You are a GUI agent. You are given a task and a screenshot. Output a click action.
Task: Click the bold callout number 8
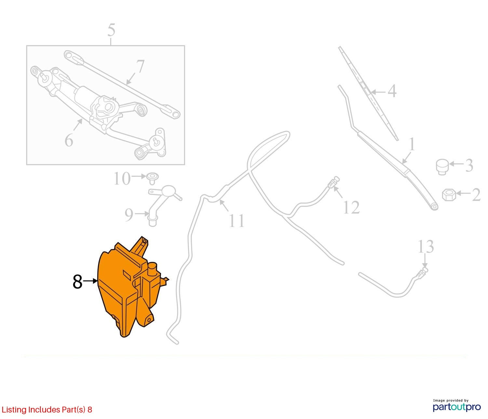point(77,281)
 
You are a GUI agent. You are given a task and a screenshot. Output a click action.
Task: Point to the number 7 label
point(140,66)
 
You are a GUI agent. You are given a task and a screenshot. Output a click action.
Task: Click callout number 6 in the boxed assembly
point(69,140)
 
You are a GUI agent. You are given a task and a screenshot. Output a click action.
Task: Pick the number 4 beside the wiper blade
point(392,91)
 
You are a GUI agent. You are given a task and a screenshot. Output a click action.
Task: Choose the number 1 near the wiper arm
point(412,144)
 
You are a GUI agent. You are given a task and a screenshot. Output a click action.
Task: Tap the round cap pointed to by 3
point(442,167)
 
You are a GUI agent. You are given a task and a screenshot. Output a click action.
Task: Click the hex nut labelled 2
point(449,195)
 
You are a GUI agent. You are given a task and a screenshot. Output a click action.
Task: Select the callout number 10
point(122,179)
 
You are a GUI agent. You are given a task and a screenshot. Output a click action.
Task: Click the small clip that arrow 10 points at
point(152,179)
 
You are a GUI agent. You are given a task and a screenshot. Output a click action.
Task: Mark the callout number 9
point(129,215)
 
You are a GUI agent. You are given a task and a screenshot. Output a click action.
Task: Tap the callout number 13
point(426,247)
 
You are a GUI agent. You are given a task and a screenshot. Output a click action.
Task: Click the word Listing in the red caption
point(14,410)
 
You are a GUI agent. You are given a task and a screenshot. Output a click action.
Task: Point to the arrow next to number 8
point(90,281)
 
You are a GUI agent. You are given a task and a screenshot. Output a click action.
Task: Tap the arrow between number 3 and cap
point(456,164)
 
